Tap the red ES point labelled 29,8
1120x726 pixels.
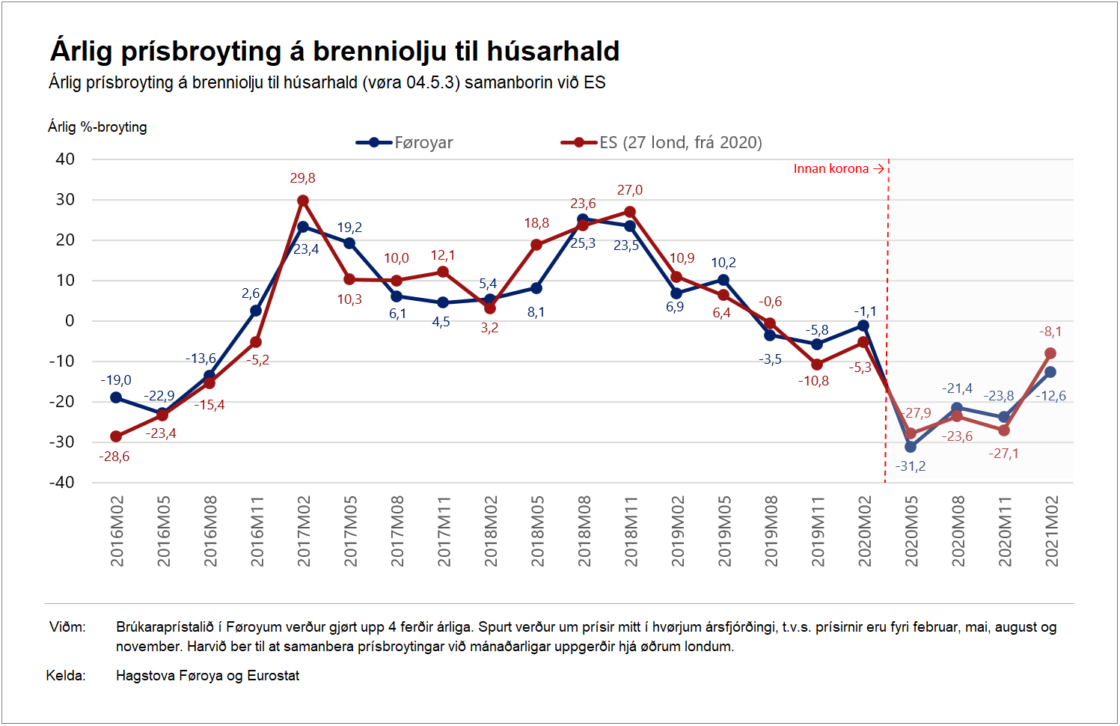[x=303, y=201]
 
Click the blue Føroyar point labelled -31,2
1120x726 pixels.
[x=911, y=447]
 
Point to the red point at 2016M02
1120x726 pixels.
[x=116, y=436]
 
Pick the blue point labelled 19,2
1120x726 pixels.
[x=349, y=243]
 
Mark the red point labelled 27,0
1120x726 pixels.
[x=630, y=212]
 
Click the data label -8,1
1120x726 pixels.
[x=1050, y=332]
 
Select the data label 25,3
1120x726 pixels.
[x=583, y=243]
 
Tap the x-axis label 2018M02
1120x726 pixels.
[x=490, y=531]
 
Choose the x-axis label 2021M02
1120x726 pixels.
[x=1051, y=531]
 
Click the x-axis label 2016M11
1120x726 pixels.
[x=257, y=531]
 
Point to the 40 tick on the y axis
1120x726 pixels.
[x=65, y=159]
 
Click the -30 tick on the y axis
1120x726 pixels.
[x=62, y=442]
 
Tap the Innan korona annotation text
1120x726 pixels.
[x=830, y=168]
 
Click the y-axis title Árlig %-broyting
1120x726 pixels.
[x=97, y=126]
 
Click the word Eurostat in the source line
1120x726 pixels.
[x=273, y=676]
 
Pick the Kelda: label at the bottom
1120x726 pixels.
[x=66, y=676]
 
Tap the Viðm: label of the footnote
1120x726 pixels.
[x=67, y=627]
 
